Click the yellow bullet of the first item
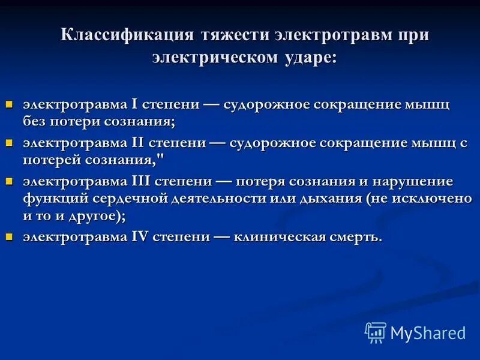(x=9, y=104)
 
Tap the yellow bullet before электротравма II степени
(x=9, y=143)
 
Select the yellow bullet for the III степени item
(x=9, y=181)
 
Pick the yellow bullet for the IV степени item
(x=9, y=236)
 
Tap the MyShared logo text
(x=428, y=332)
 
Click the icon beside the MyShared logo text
(x=376, y=332)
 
